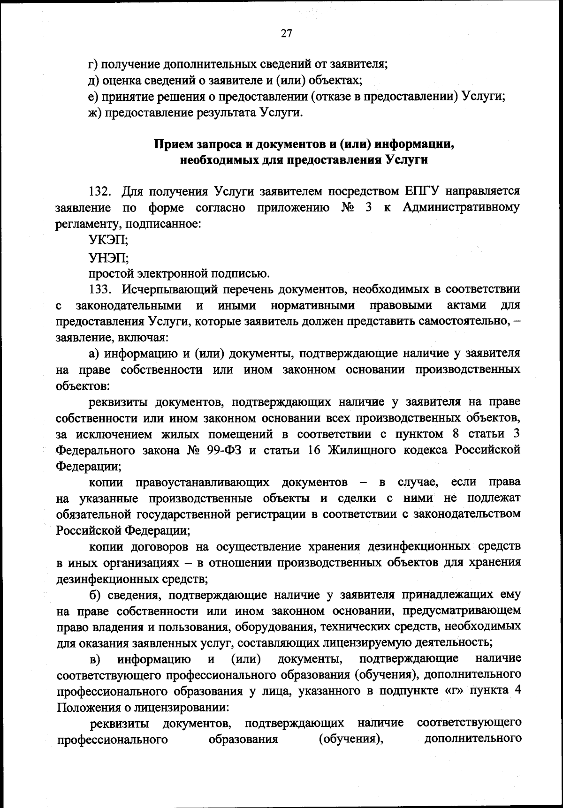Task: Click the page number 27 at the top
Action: (287, 33)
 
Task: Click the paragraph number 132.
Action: (99, 192)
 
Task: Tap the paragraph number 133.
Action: (99, 290)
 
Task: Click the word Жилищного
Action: (359, 450)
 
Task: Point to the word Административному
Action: (461, 208)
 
